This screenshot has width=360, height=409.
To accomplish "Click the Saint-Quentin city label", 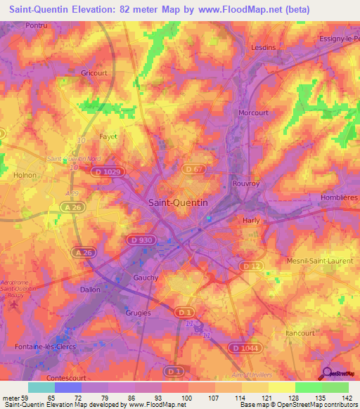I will coord(178,202).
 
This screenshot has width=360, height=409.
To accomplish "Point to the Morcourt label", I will coord(254,112).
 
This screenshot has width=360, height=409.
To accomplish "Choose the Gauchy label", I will coord(146,278).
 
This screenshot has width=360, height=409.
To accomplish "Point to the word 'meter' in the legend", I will coord(12,398).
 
